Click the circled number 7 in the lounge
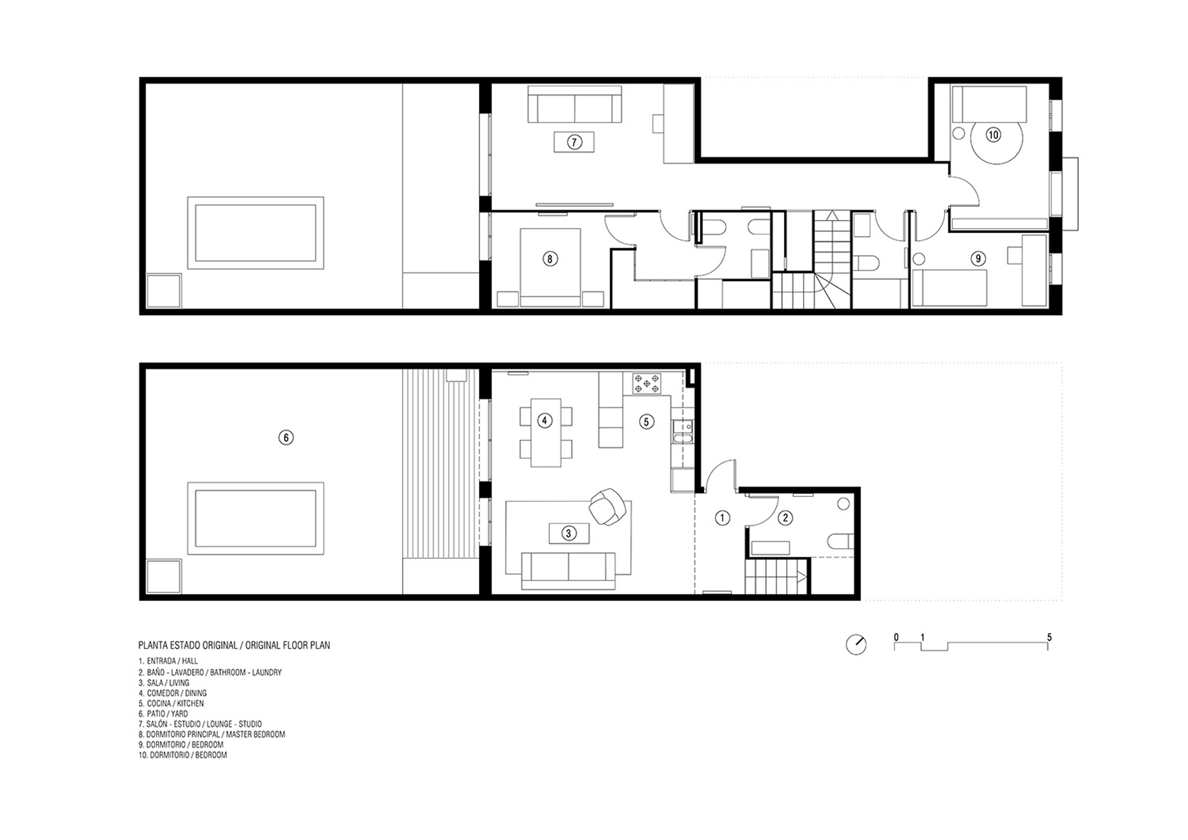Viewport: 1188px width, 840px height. tap(574, 142)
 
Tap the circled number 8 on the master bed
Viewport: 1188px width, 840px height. tap(550, 259)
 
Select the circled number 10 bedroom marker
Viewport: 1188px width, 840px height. tap(993, 135)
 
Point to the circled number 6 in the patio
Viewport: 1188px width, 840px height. tap(286, 438)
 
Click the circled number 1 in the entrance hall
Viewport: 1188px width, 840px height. tap(722, 518)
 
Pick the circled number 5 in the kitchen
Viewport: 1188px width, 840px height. tap(646, 421)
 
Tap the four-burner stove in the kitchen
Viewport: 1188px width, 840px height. tap(646, 383)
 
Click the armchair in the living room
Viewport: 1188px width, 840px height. tap(608, 507)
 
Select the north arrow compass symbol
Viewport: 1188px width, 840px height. tap(856, 644)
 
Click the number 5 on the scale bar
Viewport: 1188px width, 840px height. tap(1049, 637)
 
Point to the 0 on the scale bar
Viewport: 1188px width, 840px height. tap(896, 637)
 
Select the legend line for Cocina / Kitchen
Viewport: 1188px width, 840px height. tap(172, 703)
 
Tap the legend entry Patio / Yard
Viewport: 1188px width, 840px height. tap(163, 713)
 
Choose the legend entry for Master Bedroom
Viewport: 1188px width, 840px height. tap(212, 734)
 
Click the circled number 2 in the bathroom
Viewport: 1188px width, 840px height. tap(785, 518)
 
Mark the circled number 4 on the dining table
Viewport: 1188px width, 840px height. tap(545, 421)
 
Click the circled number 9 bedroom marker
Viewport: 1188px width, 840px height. tap(978, 259)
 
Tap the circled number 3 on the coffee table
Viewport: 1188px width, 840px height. tap(568, 533)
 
